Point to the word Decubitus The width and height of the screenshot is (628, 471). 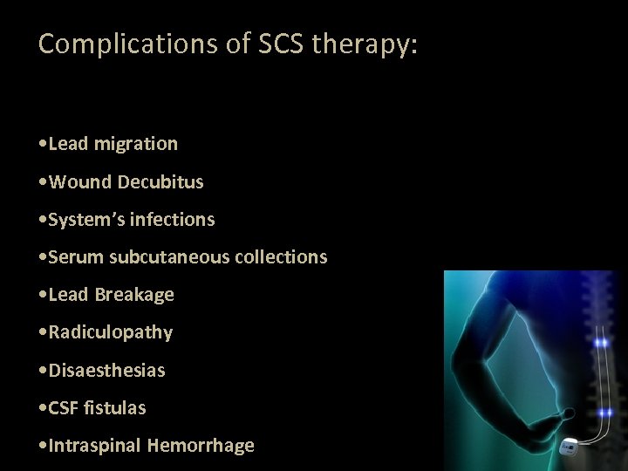160,182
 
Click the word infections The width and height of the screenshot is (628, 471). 173,220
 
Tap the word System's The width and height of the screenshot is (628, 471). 86,220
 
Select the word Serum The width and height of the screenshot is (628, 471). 74,257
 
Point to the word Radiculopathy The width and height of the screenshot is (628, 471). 111,332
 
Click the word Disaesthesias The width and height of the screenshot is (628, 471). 106,370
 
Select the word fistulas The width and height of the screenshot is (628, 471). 116,407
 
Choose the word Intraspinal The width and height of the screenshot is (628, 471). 95,446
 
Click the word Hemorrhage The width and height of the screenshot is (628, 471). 201,446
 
